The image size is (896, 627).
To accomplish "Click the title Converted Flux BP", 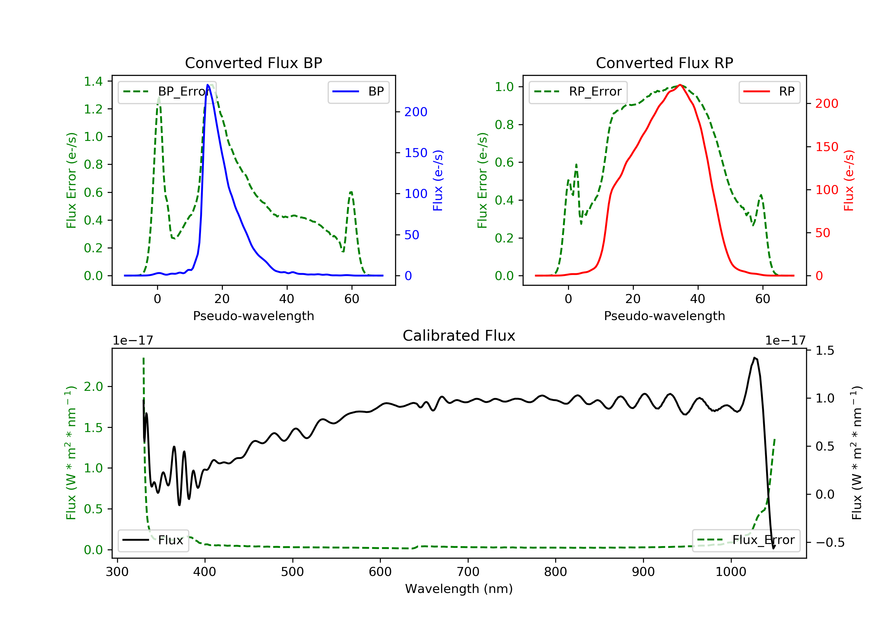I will point(253,63).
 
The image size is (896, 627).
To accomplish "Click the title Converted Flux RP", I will point(664,63).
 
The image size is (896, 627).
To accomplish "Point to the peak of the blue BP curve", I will point(208,85).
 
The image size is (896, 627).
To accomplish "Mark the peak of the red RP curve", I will point(680,85).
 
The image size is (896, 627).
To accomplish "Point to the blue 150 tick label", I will point(416,153).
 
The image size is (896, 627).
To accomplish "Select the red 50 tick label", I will point(823,233).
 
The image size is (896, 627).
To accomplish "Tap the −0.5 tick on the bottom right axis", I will point(830,542).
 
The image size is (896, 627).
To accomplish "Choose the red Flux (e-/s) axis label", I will point(849,180).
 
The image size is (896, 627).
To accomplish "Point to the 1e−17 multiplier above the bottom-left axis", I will point(133,341).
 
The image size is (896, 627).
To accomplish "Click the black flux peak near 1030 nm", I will point(755,358).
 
